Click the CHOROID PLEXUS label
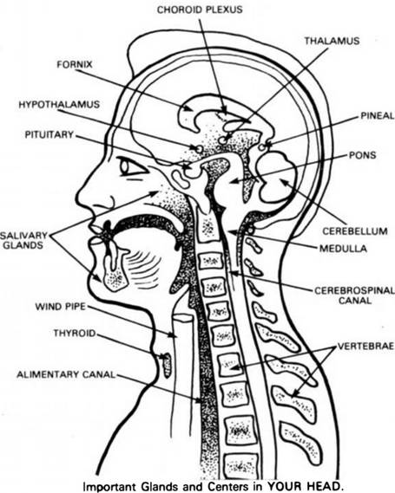click(x=200, y=10)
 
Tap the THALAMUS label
click(x=332, y=41)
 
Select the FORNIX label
click(x=75, y=64)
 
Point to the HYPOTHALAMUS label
click(x=59, y=104)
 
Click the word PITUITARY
click(x=49, y=134)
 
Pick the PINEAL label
click(x=378, y=115)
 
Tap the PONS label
click(x=362, y=155)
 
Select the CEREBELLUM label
click(x=355, y=231)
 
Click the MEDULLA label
click(x=343, y=249)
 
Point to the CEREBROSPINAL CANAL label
click(x=355, y=295)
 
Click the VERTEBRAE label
click(x=365, y=346)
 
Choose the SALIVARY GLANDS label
click(x=23, y=240)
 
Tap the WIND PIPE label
click(x=60, y=306)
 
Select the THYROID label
click(x=75, y=333)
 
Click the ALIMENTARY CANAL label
click(x=66, y=374)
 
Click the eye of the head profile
click(x=132, y=167)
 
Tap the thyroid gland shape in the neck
click(x=167, y=365)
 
